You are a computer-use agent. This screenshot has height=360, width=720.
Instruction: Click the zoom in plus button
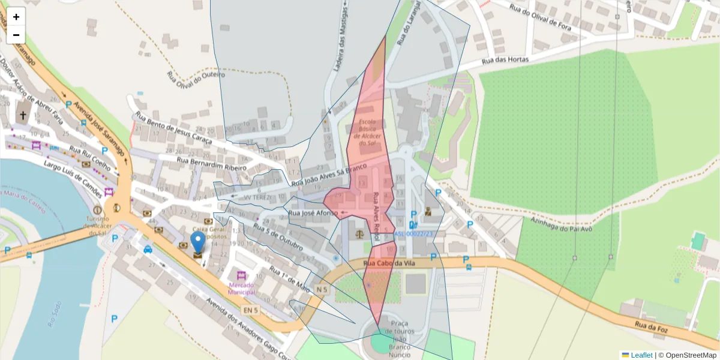16,17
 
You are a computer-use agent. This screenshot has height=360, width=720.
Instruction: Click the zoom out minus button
16,35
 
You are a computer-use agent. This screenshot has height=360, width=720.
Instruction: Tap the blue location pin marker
197,242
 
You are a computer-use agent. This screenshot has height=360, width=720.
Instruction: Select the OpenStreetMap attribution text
687,355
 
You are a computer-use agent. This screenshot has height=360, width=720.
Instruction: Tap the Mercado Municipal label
242,288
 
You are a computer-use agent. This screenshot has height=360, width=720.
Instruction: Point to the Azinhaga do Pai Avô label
562,224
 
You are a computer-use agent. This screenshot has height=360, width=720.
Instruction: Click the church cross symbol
23,115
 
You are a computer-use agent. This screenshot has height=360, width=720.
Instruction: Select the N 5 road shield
322,290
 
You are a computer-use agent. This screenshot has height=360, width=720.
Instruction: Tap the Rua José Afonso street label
313,213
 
